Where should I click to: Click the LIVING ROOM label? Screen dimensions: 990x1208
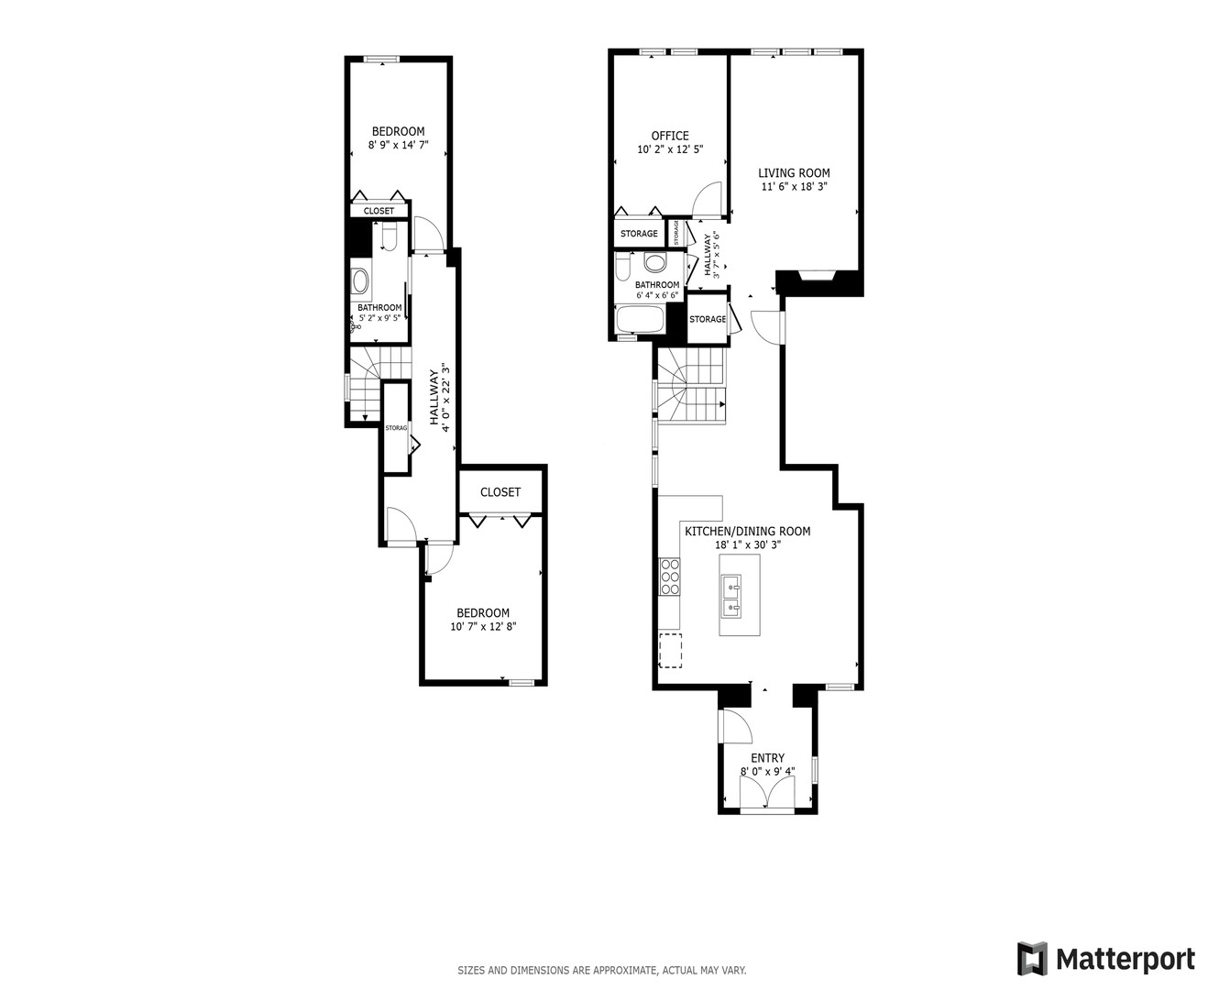pyautogui.click(x=794, y=172)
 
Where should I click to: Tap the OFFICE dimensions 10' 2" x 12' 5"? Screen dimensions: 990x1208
pyautogui.click(x=669, y=149)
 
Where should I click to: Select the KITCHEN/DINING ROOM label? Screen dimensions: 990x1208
pyautogui.click(x=747, y=531)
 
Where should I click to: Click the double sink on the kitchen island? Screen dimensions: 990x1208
pyautogui.click(x=731, y=594)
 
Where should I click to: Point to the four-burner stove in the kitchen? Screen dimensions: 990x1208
pyautogui.click(x=668, y=577)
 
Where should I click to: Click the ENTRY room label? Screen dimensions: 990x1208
pyautogui.click(x=767, y=758)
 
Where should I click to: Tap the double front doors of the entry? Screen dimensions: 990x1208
pyautogui.click(x=766, y=805)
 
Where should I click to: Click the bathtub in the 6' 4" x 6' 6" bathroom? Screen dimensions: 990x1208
pyautogui.click(x=640, y=320)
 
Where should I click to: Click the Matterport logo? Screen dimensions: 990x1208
pyautogui.click(x=1105, y=959)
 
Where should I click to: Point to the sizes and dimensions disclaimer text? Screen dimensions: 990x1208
pyautogui.click(x=602, y=970)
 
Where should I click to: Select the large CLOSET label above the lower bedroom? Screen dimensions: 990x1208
pyautogui.click(x=500, y=492)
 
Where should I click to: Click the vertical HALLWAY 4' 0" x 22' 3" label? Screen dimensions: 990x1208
pyautogui.click(x=439, y=396)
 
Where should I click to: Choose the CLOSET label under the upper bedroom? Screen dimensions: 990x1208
pyautogui.click(x=379, y=211)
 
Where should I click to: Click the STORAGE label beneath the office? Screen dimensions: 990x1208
pyautogui.click(x=639, y=234)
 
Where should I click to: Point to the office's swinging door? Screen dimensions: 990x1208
pyautogui.click(x=708, y=197)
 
